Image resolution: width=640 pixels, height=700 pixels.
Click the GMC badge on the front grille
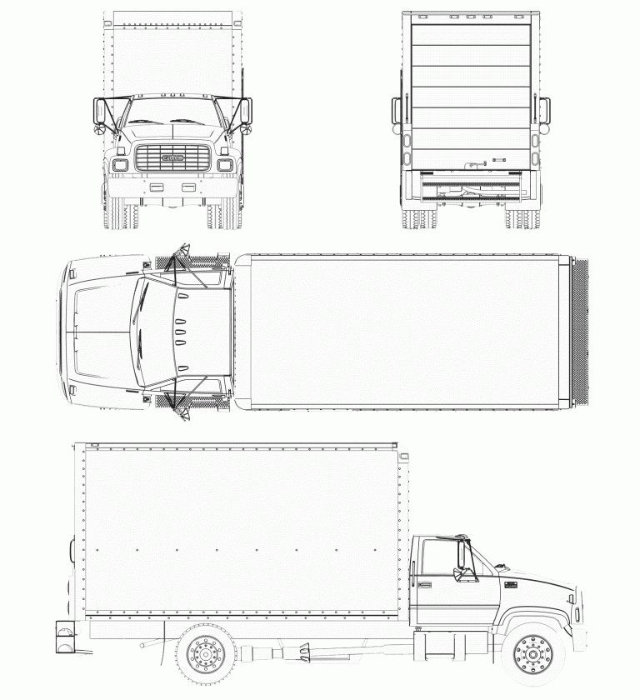pyautogui.click(x=172, y=158)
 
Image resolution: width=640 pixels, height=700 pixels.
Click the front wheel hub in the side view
pyautogui.click(x=532, y=655)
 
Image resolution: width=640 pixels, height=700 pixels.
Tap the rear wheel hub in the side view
pyautogui.click(x=205, y=655)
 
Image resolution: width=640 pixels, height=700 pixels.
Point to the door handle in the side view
pyautogui.click(x=425, y=584)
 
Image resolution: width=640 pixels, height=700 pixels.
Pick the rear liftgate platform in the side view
pyautogui.click(x=66, y=637)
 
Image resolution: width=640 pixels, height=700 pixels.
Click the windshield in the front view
pyautogui.click(x=171, y=110)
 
